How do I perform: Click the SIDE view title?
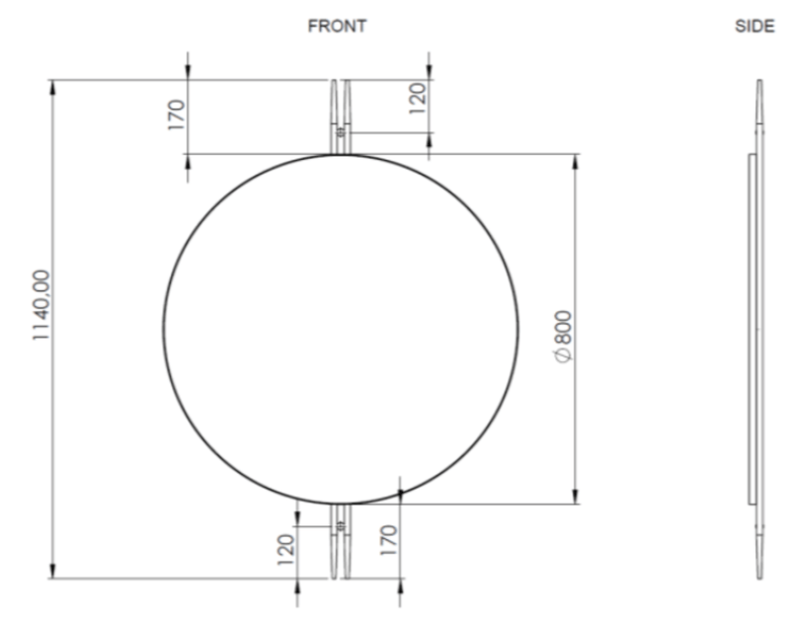754,28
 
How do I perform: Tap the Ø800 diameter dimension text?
564,341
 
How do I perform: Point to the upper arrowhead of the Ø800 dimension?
576,160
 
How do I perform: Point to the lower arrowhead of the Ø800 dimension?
576,497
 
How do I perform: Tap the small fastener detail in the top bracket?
341,129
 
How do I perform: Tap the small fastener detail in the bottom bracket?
341,526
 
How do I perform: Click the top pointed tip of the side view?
759,82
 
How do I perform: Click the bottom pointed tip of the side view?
759,577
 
